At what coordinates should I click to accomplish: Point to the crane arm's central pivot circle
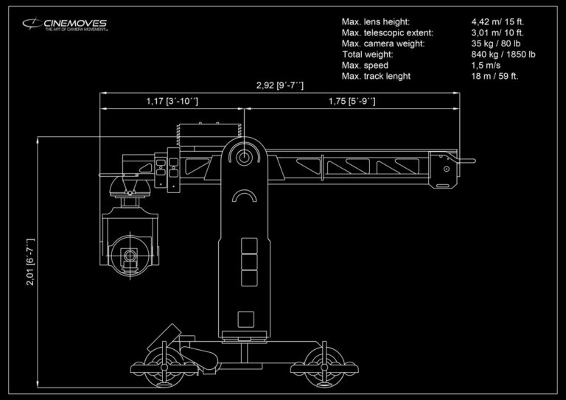click(x=243, y=155)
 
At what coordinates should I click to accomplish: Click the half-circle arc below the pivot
click(x=243, y=197)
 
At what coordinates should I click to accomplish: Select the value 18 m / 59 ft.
click(x=496, y=77)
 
